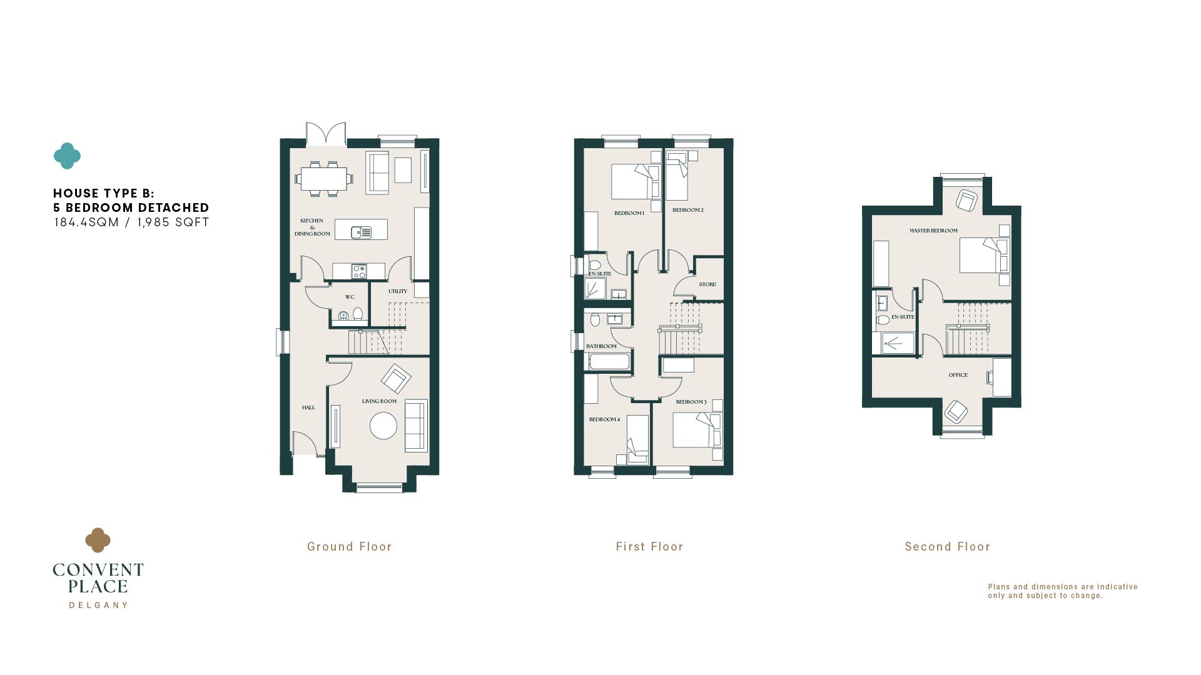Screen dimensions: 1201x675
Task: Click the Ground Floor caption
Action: coord(349,547)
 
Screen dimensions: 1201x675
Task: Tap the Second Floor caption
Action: coord(948,547)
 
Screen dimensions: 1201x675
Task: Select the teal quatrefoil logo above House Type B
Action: coord(67,156)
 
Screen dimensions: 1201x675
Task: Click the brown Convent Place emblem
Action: coord(98,541)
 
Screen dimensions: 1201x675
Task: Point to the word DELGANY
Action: coord(98,605)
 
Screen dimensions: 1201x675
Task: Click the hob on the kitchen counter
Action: coord(359,271)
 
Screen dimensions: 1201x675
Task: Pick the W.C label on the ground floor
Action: coord(350,297)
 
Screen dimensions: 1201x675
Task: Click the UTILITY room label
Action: coord(398,291)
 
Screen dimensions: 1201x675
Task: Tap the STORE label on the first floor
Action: coord(707,284)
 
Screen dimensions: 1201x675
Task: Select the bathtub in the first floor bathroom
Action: coord(609,362)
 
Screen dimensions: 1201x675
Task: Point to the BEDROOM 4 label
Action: coord(604,419)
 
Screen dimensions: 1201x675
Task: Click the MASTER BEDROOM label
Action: coord(933,231)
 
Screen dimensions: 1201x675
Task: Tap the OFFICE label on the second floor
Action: coord(958,375)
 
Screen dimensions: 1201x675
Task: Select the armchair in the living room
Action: coord(396,379)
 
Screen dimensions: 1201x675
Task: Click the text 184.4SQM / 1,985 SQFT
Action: coord(131,222)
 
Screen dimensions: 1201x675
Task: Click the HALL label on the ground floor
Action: coord(308,407)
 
